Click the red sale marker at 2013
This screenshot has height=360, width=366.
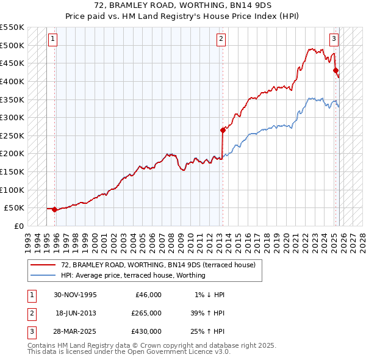coord(223,129)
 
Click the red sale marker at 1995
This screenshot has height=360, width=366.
coord(55,209)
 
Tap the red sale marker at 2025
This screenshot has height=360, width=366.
coord(335,70)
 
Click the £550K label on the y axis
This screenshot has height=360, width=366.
coord(12,27)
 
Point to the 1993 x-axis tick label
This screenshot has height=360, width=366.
coord(28,239)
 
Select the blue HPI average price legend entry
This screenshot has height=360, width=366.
coord(132,275)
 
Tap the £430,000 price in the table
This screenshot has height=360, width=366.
coord(146,331)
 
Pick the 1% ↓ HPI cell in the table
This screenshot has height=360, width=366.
coord(209,295)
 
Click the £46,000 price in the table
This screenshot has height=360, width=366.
coord(148,295)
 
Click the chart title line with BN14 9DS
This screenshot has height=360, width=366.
coord(182,5)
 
